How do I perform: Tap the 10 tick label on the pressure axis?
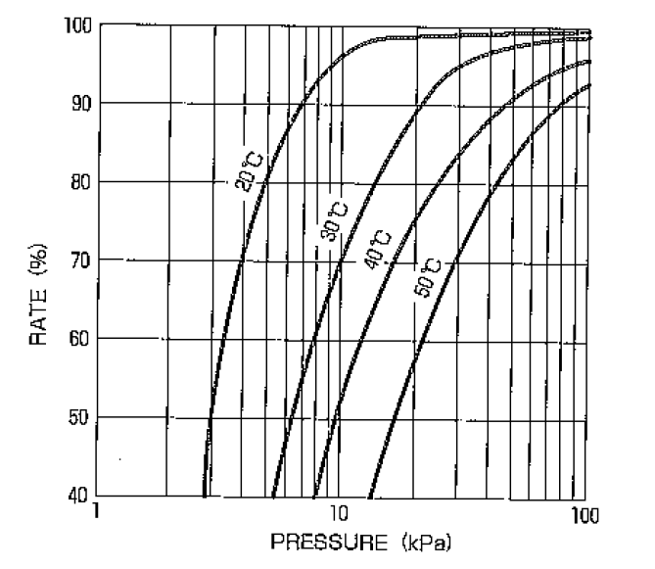click(x=338, y=512)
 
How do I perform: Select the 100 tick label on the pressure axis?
click(x=585, y=512)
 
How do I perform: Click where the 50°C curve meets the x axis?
click(x=369, y=497)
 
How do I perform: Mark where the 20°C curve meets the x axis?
click(x=205, y=497)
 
